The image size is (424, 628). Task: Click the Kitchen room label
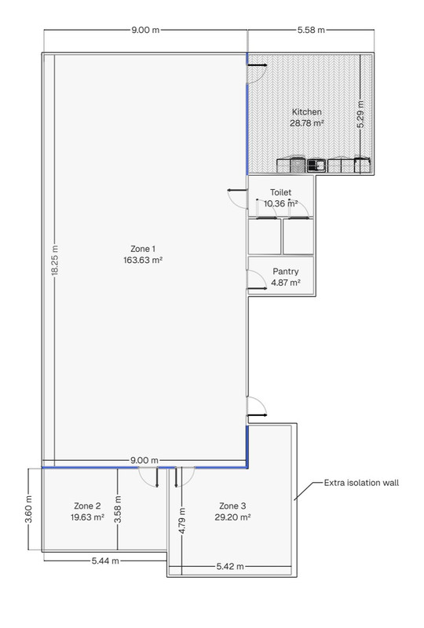306,112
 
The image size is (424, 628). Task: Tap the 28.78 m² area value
306,123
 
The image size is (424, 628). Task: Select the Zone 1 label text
143,249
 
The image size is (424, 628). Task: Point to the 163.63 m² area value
143,260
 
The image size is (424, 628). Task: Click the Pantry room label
285,272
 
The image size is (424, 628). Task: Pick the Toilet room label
280,192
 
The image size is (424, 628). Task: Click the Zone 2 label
87,506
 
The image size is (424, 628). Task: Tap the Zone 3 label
232,506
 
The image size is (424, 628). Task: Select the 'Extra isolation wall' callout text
361,483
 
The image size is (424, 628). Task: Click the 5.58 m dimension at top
311,30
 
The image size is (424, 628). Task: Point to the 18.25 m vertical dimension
55,260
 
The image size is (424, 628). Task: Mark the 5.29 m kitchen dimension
360,114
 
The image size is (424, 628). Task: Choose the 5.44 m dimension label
105,560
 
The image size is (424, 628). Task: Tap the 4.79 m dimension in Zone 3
182,520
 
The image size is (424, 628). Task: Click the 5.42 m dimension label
230,566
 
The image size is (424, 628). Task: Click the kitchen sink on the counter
316,166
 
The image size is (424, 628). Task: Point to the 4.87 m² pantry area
286,283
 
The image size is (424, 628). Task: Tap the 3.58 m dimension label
118,509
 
